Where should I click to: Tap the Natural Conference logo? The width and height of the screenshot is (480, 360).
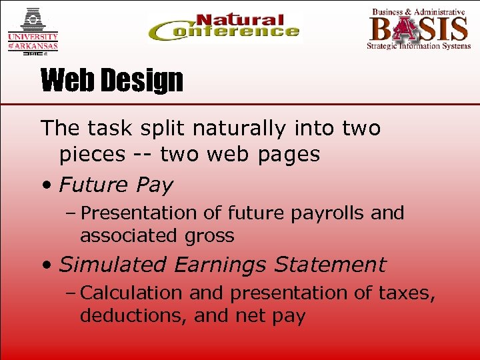pyautogui.click(x=224, y=28)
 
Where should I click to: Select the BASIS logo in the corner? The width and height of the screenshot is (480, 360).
pyautogui.click(x=418, y=29)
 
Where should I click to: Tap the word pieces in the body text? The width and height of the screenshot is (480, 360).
pyautogui.click(x=92, y=155)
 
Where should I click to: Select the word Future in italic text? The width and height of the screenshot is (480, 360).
pyautogui.click(x=92, y=185)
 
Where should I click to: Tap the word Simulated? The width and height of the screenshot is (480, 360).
pyautogui.click(x=113, y=265)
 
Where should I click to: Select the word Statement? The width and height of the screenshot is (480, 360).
pyautogui.click(x=330, y=265)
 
